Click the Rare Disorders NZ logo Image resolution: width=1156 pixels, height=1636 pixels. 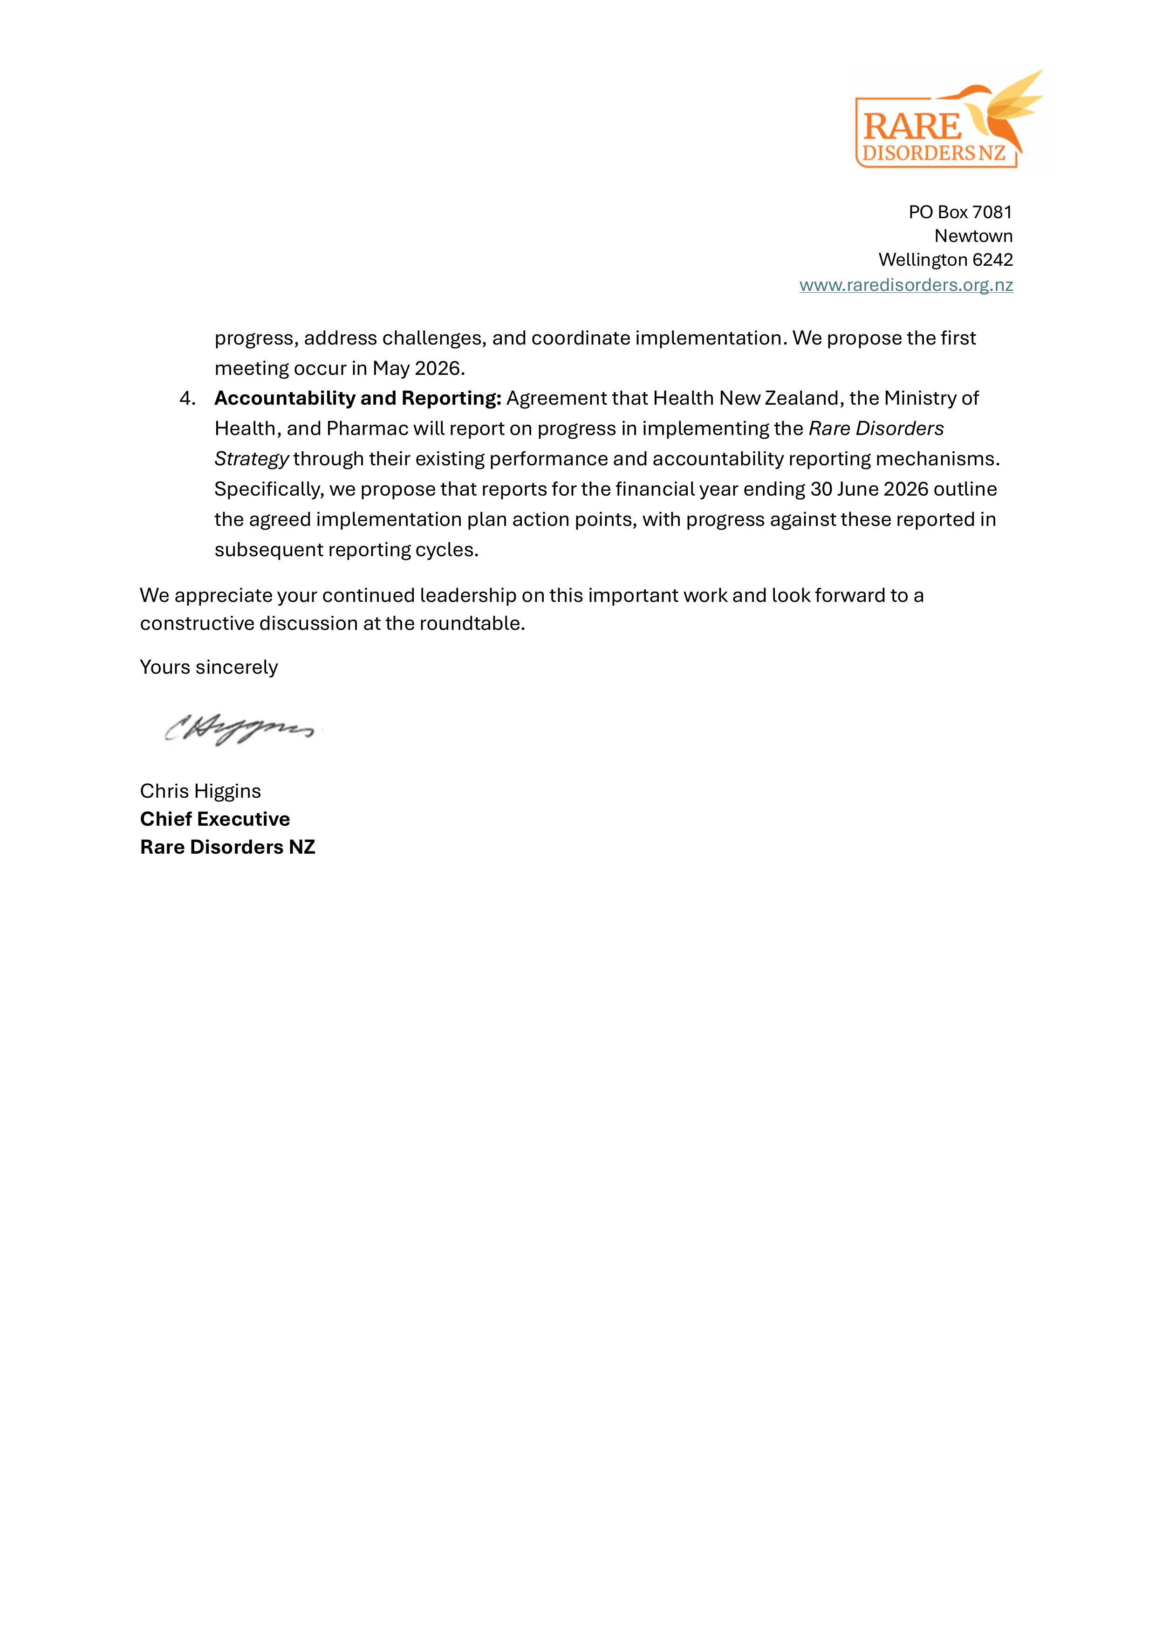pos(947,122)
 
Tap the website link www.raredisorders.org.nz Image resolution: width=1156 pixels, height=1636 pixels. pos(905,285)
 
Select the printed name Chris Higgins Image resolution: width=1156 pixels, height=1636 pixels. pos(200,791)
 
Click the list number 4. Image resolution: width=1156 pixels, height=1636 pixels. pos(187,398)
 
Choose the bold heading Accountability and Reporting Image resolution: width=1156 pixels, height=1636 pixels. pos(357,398)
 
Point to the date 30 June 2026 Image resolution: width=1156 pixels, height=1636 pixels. pos(869,490)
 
